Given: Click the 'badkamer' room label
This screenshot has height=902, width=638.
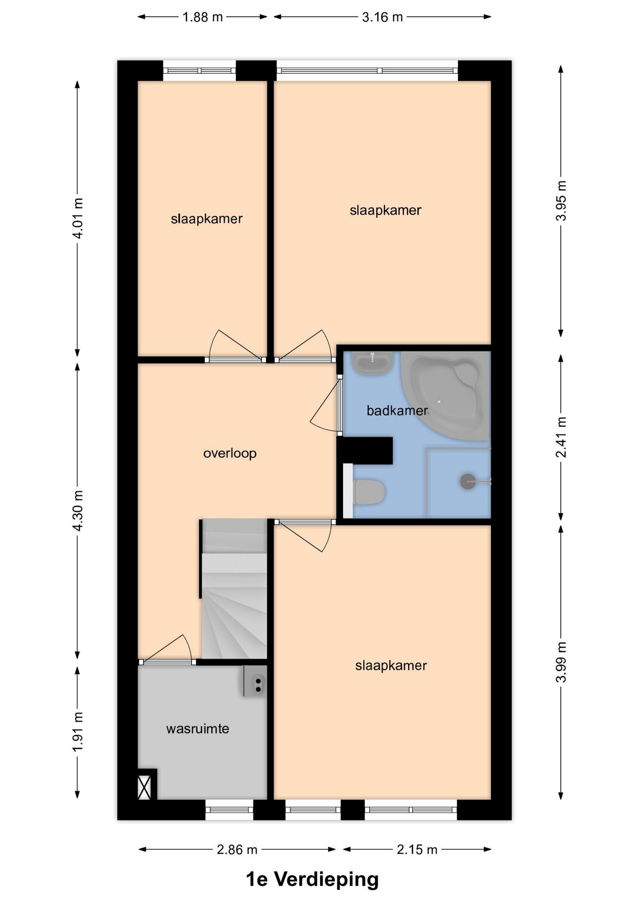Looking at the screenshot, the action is tap(397, 411).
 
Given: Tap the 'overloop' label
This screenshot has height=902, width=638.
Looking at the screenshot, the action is tap(230, 453).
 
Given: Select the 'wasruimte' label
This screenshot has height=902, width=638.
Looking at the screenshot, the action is tap(198, 729).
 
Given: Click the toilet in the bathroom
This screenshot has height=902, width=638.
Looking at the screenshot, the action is tap(369, 492).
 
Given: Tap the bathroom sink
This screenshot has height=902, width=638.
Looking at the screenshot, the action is tap(373, 363).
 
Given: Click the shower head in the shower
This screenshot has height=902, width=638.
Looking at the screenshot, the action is tap(468, 482).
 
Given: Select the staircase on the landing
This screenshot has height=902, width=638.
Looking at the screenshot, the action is tap(234, 589).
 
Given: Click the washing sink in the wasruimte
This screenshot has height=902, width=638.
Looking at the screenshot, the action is tap(255, 681).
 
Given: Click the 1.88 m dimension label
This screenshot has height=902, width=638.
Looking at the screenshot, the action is tap(202, 17).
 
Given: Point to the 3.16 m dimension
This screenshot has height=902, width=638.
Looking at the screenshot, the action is tap(382, 17).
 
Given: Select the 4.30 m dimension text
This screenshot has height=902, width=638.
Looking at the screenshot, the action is tap(78, 511).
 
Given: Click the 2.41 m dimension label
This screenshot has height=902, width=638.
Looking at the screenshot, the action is tap(561, 437).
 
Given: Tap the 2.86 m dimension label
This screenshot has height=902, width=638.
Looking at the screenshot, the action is tap(237, 849).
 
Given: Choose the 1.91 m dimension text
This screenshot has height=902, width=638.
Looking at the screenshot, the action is tap(78, 731).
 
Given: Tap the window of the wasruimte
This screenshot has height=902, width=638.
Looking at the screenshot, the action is tap(229, 809).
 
